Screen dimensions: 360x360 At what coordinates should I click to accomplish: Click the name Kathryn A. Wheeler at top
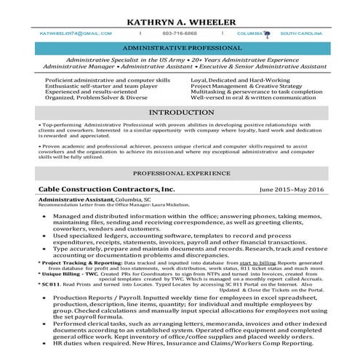tap(181, 22)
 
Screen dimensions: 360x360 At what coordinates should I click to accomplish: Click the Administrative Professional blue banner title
tap(180, 47)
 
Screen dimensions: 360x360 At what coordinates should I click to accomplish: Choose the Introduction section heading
tap(180, 113)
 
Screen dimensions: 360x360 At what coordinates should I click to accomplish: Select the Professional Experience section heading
tap(180, 175)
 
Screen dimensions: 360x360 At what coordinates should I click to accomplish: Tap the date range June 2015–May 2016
tap(291, 189)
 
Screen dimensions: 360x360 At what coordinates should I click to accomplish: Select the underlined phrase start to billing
tap(257, 262)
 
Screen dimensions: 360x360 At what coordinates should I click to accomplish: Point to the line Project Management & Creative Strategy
tap(246, 85)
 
